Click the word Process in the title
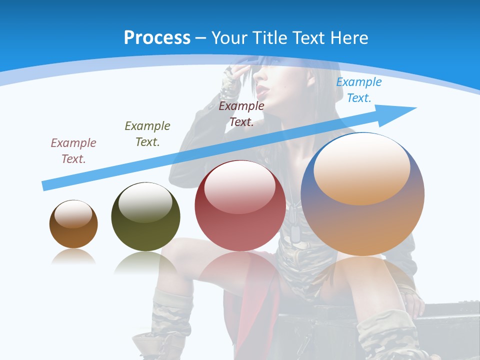coord(157,38)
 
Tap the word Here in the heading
coord(348,38)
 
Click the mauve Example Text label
coord(73,150)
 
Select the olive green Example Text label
coord(147,133)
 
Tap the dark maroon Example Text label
coord(241,113)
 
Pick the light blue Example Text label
coord(358,89)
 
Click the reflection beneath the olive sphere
coord(145,262)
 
